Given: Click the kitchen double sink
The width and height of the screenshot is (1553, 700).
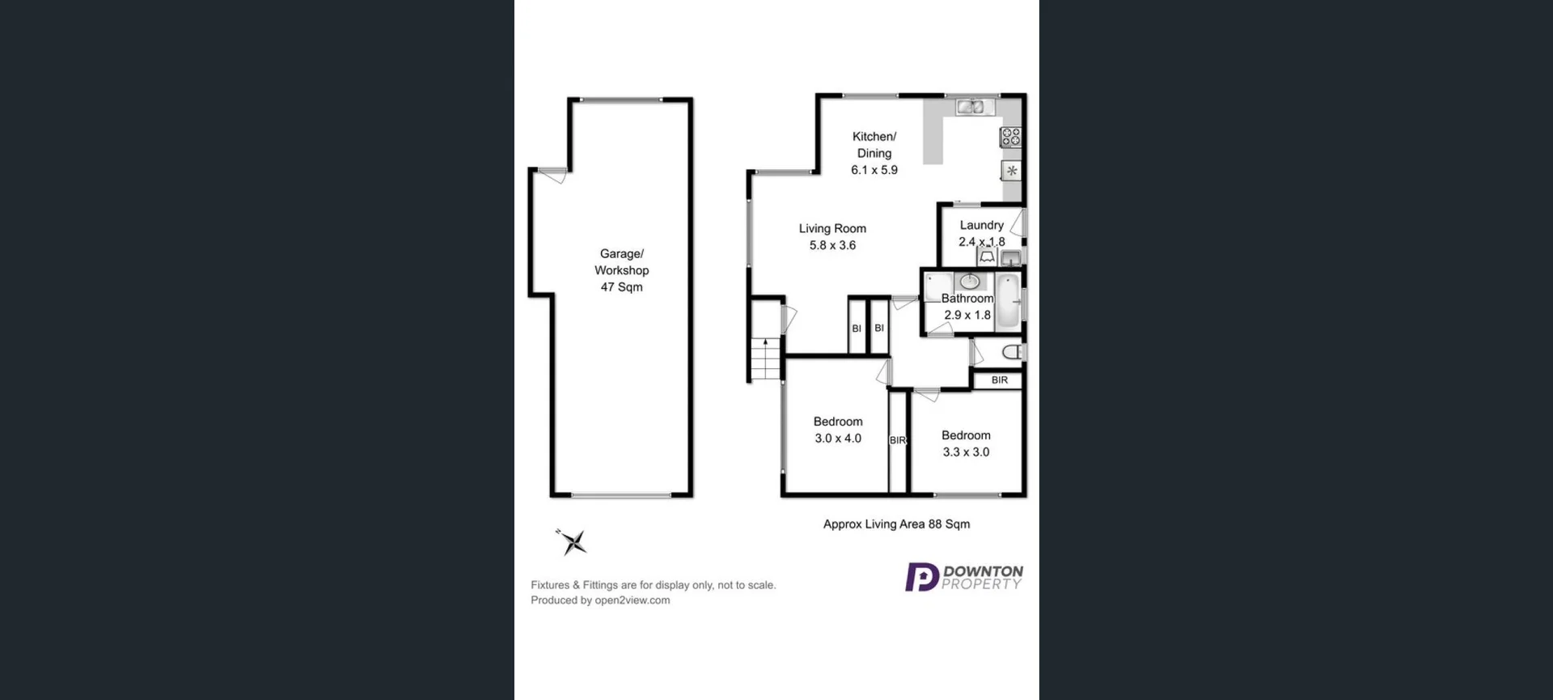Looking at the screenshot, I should [x=969, y=106].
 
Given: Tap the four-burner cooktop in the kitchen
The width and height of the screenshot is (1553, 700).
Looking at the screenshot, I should [x=1011, y=137].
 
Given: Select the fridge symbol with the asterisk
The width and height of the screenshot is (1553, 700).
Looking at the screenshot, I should [x=1011, y=171].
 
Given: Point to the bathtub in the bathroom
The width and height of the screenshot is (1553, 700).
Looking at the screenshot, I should [x=1007, y=302].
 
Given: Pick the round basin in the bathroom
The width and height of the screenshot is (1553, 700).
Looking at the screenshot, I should [x=970, y=282].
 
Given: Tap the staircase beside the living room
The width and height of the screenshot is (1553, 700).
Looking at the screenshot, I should [x=764, y=359].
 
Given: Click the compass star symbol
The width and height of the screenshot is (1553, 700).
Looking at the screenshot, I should [x=573, y=542].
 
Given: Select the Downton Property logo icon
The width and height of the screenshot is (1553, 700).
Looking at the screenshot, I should [x=921, y=577].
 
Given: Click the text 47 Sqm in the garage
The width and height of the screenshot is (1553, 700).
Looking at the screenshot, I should [x=621, y=287].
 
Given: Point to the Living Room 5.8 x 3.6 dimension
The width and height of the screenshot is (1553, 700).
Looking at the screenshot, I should [x=832, y=245].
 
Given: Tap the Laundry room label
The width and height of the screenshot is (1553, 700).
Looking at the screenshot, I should [x=981, y=225].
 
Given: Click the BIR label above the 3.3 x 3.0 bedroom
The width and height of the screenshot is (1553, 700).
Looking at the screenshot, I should [x=999, y=380].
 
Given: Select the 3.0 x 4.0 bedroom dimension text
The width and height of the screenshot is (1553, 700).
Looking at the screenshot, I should [x=838, y=439].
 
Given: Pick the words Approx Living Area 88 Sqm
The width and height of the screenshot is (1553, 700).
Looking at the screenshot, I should [x=896, y=524].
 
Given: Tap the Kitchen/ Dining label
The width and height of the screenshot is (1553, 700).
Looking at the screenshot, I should [x=874, y=145].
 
